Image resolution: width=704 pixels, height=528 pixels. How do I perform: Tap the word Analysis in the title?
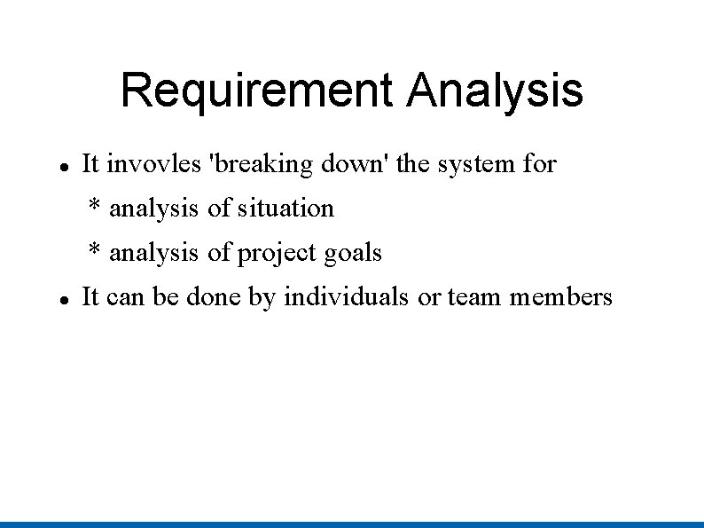click(x=495, y=91)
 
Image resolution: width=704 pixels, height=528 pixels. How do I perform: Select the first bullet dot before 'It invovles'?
click(x=65, y=166)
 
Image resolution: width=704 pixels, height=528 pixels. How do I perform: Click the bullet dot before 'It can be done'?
click(x=65, y=299)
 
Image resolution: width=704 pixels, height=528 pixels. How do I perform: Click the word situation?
click(x=286, y=209)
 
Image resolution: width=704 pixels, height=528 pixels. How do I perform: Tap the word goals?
click(x=353, y=253)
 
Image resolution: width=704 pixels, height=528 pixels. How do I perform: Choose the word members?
click(x=560, y=297)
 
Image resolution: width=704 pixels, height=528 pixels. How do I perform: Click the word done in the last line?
click(x=214, y=297)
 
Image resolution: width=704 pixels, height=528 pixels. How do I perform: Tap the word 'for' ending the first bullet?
click(x=539, y=164)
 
